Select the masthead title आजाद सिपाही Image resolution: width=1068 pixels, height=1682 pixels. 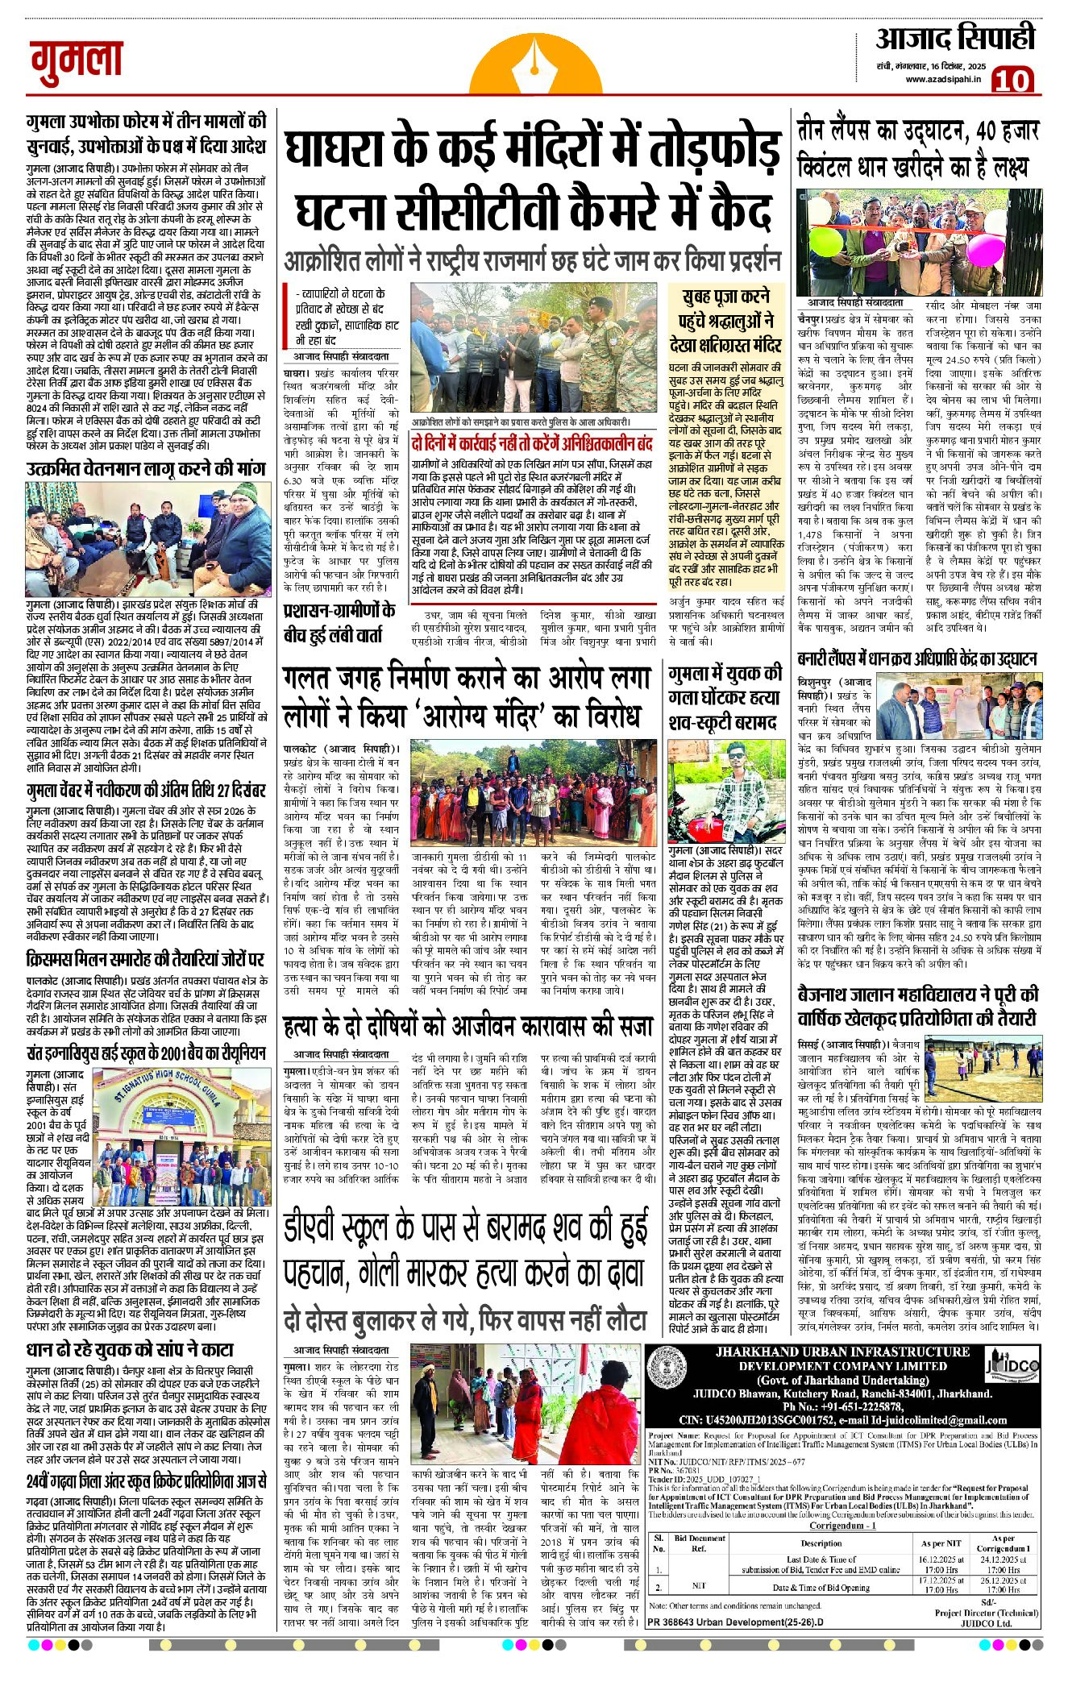(954, 38)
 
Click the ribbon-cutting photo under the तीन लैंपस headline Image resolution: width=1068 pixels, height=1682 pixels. (917, 242)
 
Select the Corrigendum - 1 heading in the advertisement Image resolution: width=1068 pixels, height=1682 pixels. (842, 1526)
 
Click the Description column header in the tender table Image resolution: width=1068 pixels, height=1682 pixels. (821, 1543)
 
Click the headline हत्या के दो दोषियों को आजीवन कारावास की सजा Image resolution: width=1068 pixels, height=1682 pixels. (468, 1026)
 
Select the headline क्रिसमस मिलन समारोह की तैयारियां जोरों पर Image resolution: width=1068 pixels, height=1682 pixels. (145, 959)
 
